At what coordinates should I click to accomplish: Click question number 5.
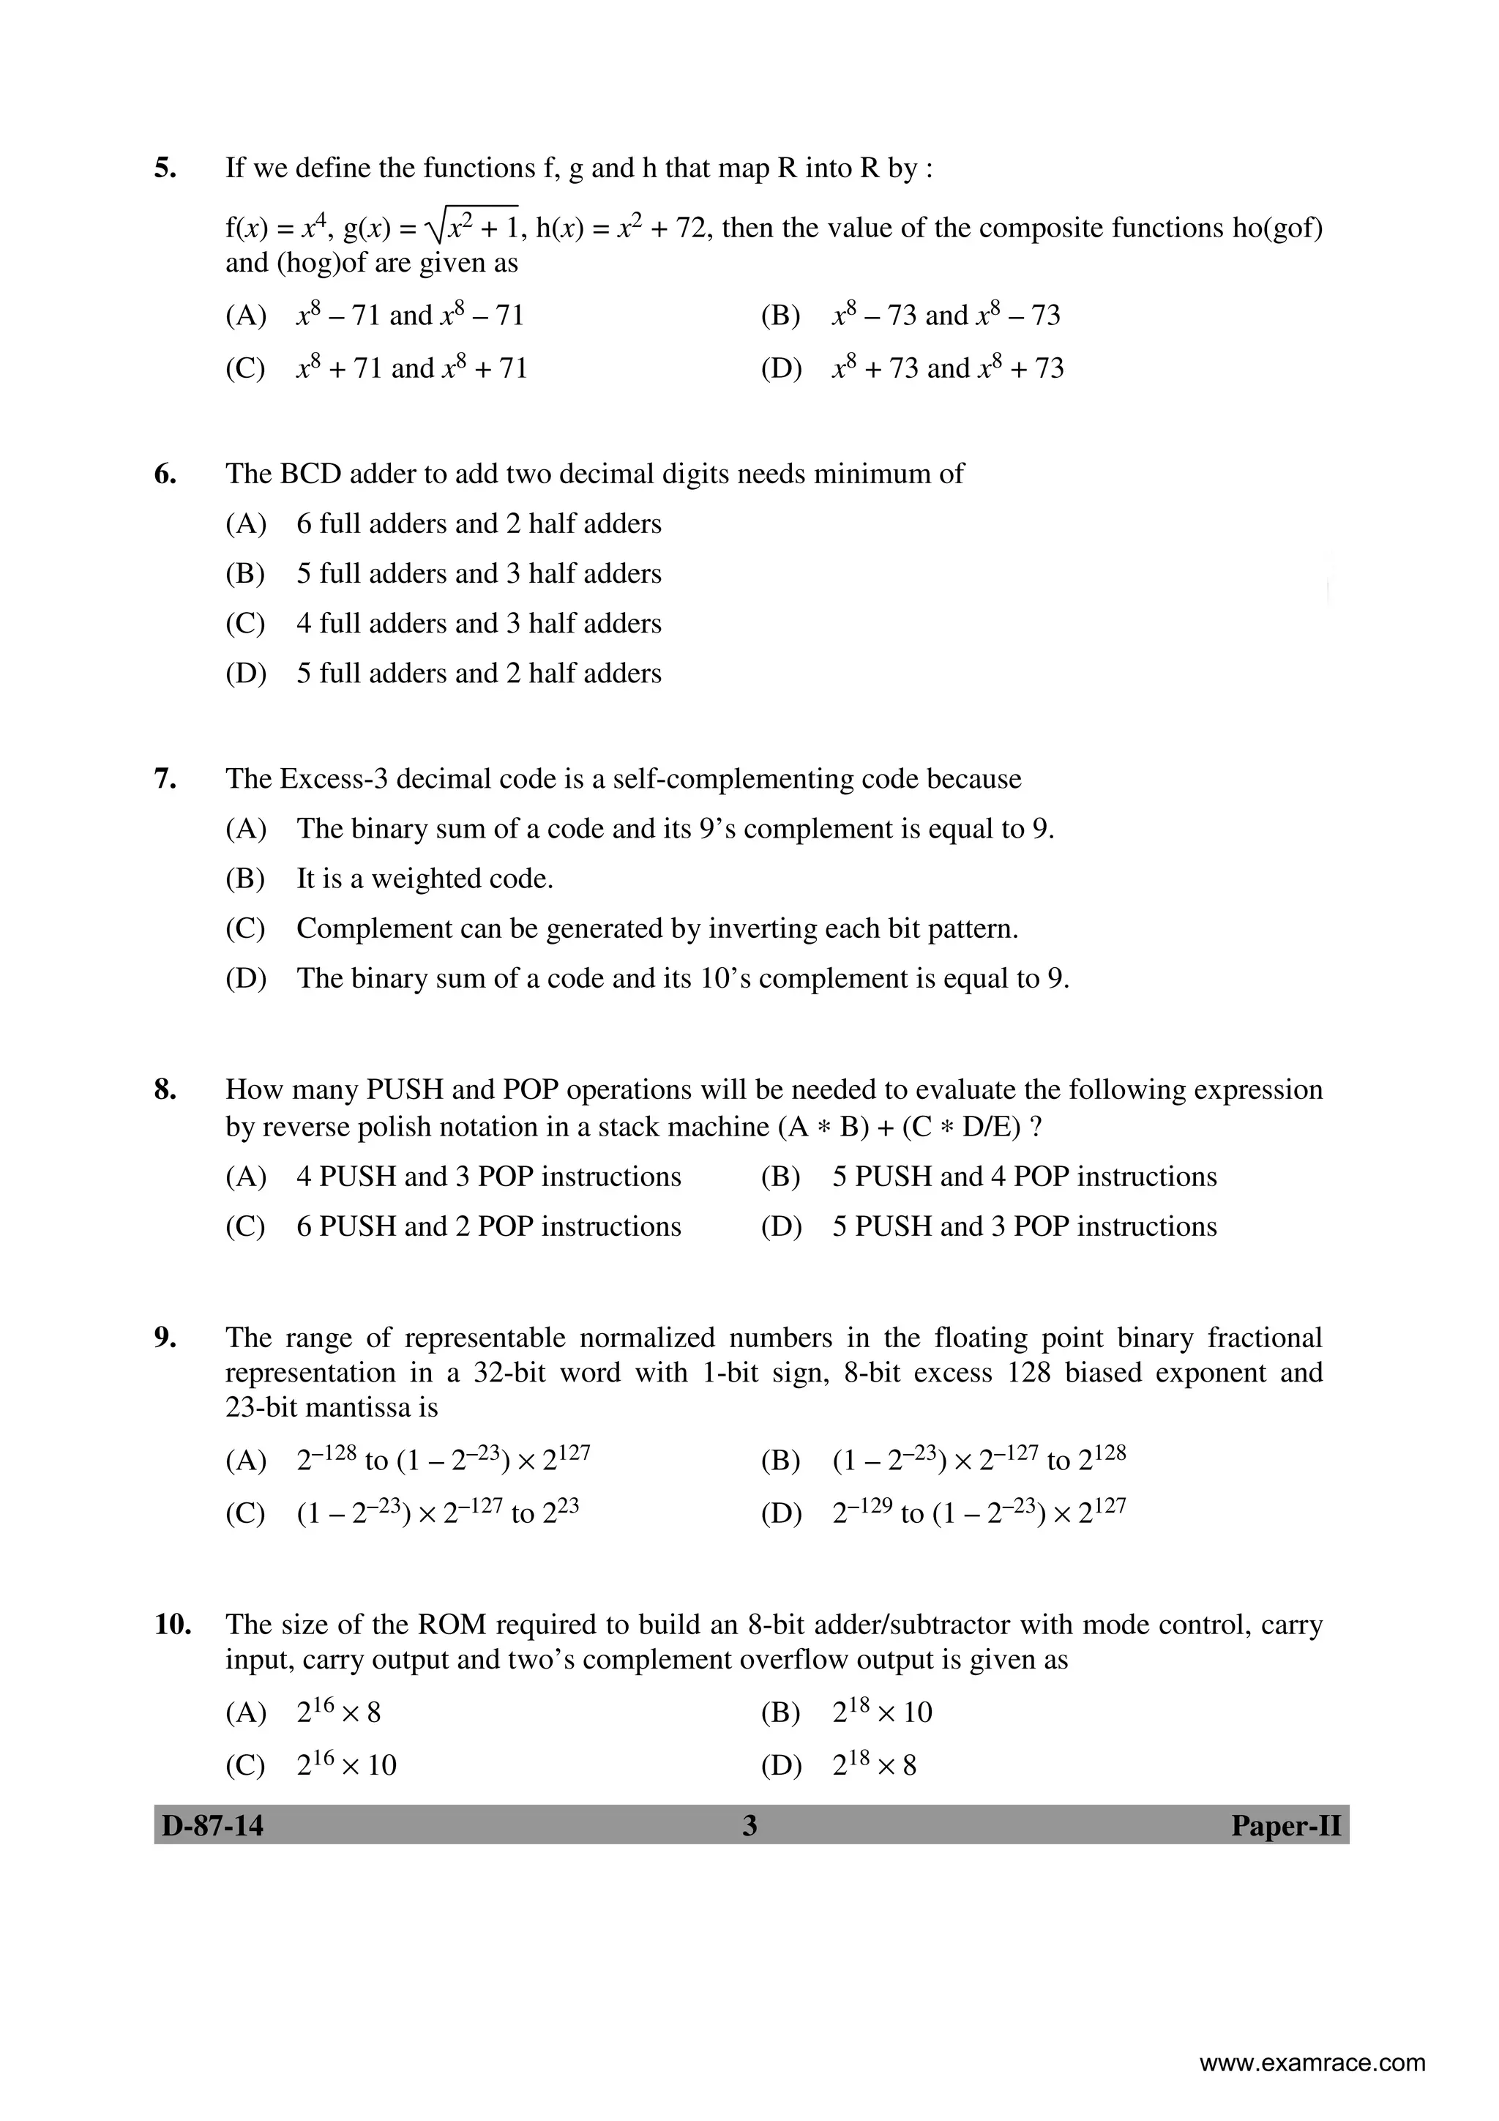165,168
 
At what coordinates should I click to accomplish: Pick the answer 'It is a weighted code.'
424,879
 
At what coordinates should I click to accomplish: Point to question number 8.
165,1090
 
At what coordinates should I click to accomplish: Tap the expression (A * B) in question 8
822,1127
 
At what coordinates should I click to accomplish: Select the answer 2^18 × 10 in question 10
881,1712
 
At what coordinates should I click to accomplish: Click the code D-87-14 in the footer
212,1826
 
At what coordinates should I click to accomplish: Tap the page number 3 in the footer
749,1826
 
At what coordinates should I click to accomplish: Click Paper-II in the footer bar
1286,1826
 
